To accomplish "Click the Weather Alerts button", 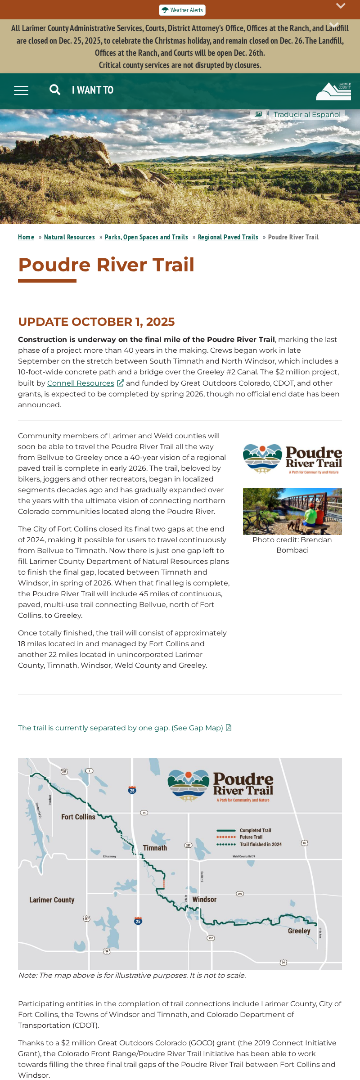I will point(182,10).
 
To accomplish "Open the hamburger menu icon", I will point(21,90).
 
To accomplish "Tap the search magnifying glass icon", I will point(55,90).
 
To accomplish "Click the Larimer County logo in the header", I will point(333,91).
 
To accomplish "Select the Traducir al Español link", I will point(306,114).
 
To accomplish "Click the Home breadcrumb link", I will point(26,237).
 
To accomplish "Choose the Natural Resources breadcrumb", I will point(69,237).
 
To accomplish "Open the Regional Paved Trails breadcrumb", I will point(228,237).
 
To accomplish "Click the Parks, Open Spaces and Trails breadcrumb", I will point(146,237).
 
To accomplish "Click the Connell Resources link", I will point(81,383).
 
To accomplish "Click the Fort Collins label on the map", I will point(78,817).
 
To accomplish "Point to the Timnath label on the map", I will point(155,848).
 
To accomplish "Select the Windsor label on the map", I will point(204,899).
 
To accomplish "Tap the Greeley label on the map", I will point(299,931).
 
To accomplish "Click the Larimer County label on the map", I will point(52,900).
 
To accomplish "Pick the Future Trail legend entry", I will point(251,837).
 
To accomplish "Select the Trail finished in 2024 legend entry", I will point(261,844).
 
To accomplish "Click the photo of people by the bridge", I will point(292,511).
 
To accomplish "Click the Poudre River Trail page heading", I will point(106,265).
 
